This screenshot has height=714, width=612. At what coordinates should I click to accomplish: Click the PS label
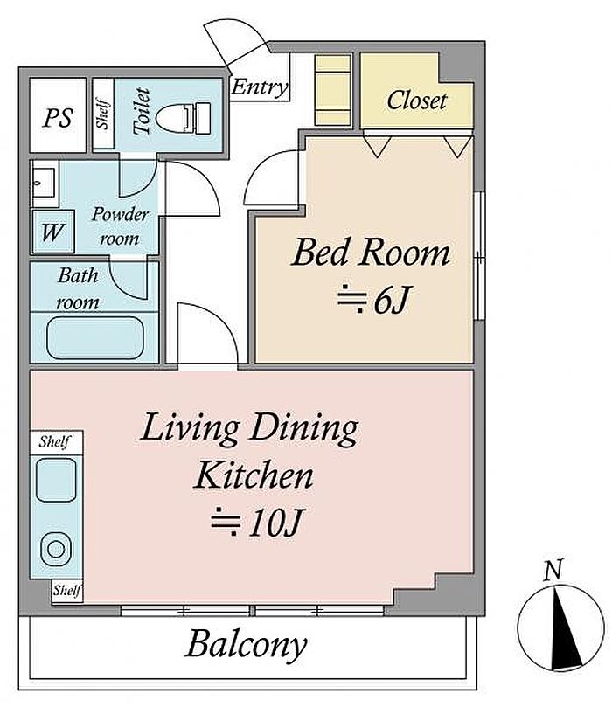click(58, 118)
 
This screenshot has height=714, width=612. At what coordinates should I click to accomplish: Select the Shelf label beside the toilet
click(103, 114)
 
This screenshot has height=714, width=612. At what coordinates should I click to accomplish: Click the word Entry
click(260, 87)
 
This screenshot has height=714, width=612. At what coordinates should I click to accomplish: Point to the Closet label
click(416, 101)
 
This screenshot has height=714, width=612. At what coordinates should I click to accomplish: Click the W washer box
click(53, 232)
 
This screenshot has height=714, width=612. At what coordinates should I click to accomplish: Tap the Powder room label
click(120, 226)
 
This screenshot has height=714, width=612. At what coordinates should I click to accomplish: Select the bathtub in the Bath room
click(95, 338)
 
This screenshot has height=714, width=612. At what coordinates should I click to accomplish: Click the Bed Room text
click(370, 253)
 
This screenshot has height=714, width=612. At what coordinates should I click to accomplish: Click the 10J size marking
click(256, 523)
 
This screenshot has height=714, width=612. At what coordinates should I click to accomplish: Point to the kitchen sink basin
click(56, 481)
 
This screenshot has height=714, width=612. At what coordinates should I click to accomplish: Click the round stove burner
click(56, 550)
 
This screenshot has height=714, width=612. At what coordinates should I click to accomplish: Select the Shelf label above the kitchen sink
click(54, 441)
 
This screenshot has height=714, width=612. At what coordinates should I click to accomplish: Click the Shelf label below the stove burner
click(67, 591)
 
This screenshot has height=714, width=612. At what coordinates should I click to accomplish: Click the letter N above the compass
click(553, 570)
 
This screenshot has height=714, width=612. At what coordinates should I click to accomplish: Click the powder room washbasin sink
click(45, 183)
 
